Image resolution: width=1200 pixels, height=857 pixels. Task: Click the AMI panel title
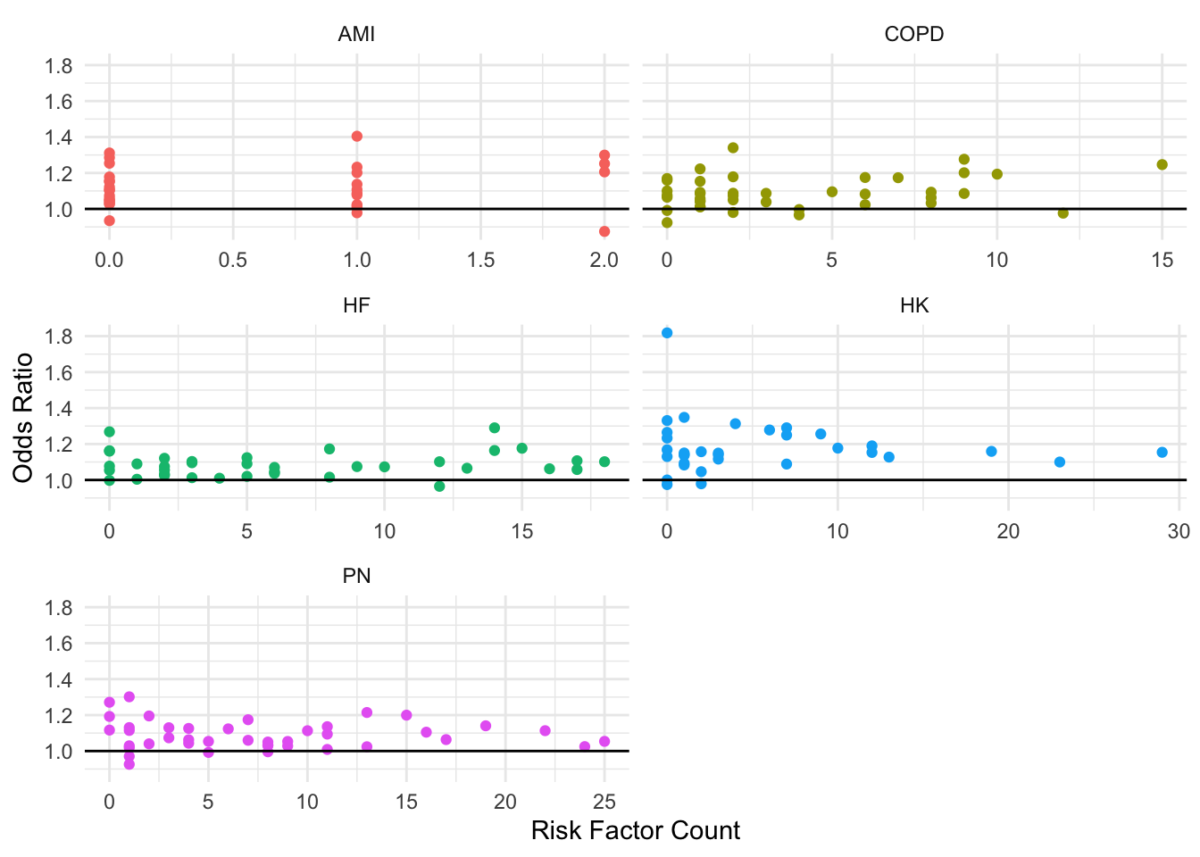point(356,35)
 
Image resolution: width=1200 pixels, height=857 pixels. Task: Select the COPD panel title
point(913,35)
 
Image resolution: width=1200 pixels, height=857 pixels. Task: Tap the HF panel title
point(356,305)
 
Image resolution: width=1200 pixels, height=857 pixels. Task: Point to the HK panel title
point(913,305)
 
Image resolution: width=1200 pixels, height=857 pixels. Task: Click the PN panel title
point(356,576)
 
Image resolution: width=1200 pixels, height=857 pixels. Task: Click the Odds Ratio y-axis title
point(23,418)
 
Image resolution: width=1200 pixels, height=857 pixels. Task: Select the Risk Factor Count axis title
point(635,831)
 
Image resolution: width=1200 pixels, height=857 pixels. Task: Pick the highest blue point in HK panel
point(667,333)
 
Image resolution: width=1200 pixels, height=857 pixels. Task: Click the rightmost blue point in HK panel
point(1162,453)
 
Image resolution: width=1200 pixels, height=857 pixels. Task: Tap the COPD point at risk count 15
point(1162,164)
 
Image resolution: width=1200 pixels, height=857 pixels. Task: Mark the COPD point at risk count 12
point(1062,213)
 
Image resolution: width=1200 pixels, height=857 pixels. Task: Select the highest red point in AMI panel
point(357,137)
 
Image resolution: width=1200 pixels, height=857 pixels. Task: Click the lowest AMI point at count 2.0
point(604,231)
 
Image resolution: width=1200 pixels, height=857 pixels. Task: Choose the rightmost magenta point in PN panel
point(604,742)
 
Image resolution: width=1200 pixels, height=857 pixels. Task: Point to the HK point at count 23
point(1060,462)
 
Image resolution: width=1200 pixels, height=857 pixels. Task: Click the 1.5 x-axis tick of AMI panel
point(480,260)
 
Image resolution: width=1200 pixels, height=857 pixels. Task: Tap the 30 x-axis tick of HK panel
point(1179,531)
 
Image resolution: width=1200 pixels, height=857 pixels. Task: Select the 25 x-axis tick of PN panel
point(604,802)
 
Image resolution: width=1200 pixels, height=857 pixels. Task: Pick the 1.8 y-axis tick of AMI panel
point(61,65)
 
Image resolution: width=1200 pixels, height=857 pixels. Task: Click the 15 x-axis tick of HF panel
point(521,531)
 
